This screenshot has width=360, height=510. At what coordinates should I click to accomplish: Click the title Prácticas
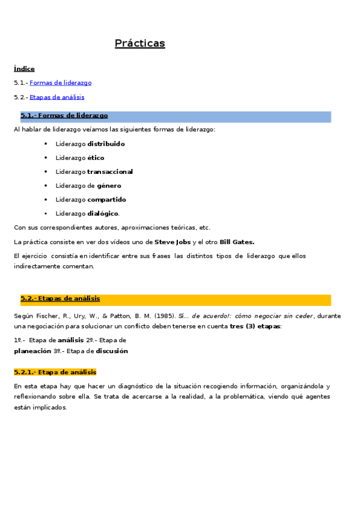pos(139,43)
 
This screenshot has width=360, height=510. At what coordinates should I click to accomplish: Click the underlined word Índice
pos(24,69)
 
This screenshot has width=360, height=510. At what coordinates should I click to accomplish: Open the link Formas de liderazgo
pos(60,83)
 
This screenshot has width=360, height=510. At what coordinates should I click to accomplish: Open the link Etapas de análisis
pos(56,97)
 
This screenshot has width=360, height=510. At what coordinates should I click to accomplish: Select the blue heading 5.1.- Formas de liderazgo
pos(64,115)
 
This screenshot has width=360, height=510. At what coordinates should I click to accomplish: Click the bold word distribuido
pos(106,144)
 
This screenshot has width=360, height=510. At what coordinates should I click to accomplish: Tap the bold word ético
pos(96,158)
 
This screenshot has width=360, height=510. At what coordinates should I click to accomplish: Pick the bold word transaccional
pos(110,172)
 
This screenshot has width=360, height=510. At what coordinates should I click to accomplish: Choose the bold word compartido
pos(106,200)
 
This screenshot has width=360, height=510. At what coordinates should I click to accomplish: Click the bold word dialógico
pos(103,214)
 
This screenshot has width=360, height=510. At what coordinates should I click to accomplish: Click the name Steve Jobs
pos(172,242)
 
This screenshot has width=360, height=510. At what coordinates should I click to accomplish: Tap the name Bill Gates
pos(237,242)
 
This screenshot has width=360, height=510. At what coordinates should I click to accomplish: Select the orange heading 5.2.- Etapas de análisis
pos(60,298)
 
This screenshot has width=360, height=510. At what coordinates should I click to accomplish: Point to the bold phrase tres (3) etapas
pos(254,326)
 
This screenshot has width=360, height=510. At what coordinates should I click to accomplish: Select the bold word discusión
pos(112,351)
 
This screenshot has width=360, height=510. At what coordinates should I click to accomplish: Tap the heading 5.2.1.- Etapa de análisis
pos(55,372)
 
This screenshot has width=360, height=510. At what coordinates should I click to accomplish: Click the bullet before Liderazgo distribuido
pos(46,144)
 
